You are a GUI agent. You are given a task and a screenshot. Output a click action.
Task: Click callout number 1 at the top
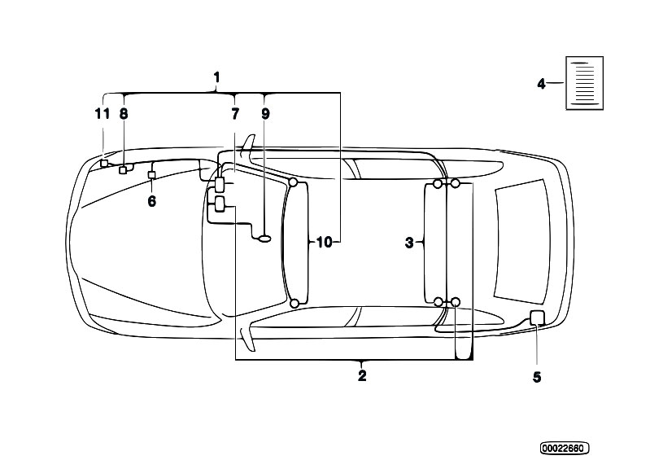point(216,77)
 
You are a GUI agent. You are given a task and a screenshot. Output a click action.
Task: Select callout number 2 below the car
point(362,376)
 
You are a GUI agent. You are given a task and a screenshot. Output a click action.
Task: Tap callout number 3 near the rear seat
point(409,243)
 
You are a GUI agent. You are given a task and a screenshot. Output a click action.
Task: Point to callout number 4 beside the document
point(541,84)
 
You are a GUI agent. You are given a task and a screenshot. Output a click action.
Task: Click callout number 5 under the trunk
point(537,377)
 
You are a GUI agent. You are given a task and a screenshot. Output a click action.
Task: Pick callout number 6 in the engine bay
point(152,202)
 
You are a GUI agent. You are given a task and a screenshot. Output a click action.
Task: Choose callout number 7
point(235,114)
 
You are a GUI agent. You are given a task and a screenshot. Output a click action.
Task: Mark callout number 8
point(124,114)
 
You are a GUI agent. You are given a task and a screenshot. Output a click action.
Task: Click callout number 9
point(265,114)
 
